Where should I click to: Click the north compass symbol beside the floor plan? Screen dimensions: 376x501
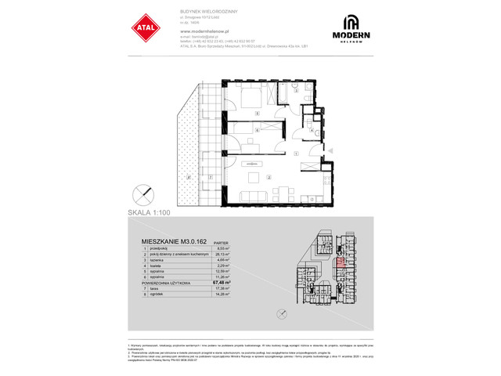click(x=141, y=193)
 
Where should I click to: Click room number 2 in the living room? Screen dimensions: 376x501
click(x=269, y=177)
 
